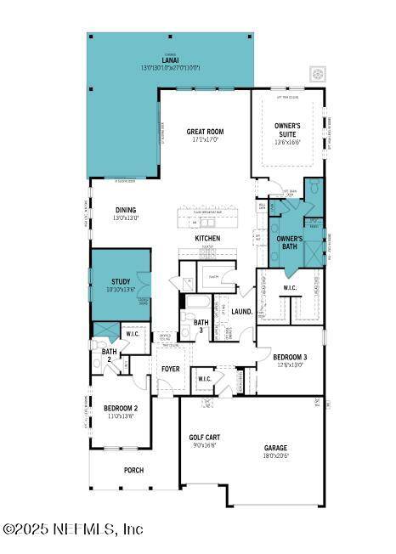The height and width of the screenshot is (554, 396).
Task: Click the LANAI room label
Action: click(x=170, y=60)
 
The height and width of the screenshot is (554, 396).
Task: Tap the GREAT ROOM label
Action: click(x=205, y=132)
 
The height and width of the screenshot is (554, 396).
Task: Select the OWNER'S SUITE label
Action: click(x=288, y=131)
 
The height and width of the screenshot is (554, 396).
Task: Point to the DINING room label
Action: click(x=125, y=210)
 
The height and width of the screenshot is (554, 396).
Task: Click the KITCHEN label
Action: click(x=207, y=239)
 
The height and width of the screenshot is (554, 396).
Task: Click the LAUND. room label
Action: click(x=242, y=312)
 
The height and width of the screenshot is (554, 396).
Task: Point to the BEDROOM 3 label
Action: click(x=290, y=357)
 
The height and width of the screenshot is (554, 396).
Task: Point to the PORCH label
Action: click(x=133, y=470)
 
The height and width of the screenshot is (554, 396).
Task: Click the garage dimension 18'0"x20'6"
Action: click(x=274, y=456)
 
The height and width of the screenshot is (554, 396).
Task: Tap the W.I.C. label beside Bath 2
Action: click(x=133, y=333)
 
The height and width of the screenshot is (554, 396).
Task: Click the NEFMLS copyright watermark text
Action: click(x=73, y=529)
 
